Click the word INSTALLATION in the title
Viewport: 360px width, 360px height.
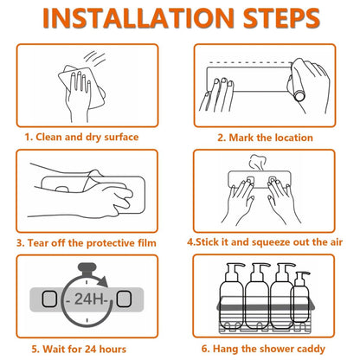click(138, 18)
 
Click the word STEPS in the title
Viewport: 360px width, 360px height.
click(281, 18)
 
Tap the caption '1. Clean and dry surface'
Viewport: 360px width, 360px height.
click(81, 137)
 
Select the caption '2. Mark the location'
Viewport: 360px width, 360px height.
click(265, 138)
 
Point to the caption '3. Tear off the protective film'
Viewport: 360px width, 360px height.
click(87, 243)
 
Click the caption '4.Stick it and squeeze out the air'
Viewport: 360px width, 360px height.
click(265, 242)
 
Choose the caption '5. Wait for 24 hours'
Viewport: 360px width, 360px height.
click(79, 349)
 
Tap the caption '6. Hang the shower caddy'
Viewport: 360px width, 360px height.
click(263, 349)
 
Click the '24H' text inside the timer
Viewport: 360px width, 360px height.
click(89, 299)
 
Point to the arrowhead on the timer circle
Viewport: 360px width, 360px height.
click(102, 281)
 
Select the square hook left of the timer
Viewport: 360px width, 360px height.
click(49, 299)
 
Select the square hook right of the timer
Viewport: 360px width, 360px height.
click(124, 299)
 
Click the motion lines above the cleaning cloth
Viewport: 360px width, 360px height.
click(95, 58)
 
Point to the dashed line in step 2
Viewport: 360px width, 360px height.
click(249, 62)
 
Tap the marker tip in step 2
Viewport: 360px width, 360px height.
click(299, 95)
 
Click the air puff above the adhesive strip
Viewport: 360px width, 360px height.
click(257, 163)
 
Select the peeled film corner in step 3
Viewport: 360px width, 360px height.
click(93, 177)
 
